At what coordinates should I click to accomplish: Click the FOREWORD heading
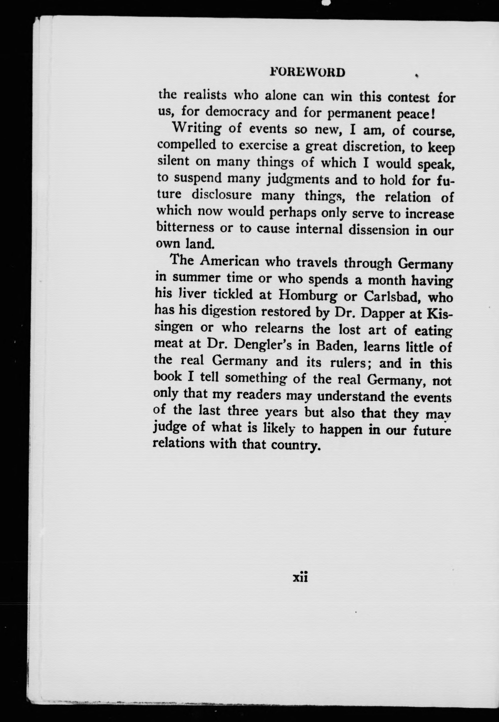coord(307,72)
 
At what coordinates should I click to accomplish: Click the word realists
coord(205,95)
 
